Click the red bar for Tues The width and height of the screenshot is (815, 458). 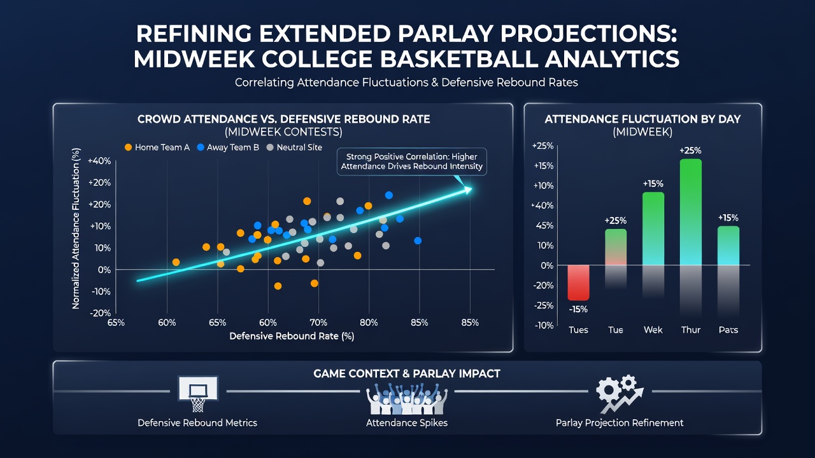[578, 282]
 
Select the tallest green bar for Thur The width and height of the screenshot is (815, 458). [691, 212]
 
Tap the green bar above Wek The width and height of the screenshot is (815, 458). [653, 228]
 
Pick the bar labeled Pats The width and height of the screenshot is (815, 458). [728, 246]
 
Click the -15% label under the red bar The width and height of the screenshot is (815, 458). [578, 309]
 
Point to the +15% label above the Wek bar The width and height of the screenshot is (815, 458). [653, 184]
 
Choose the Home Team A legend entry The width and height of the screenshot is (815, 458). [157, 147]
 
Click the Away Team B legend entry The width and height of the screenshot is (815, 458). [228, 147]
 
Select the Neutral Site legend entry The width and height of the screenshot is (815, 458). [294, 147]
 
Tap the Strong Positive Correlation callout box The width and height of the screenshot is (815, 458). [411, 162]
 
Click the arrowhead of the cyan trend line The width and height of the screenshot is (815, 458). [467, 190]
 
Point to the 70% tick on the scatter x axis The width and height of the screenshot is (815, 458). [318, 323]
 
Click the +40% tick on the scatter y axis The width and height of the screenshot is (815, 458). [99, 161]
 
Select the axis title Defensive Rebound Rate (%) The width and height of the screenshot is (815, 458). [292, 337]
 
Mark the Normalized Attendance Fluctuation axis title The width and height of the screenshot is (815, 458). [76, 228]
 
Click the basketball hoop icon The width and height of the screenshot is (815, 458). [197, 394]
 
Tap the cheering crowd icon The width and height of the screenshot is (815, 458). [407, 398]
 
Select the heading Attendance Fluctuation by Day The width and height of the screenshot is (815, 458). [642, 119]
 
